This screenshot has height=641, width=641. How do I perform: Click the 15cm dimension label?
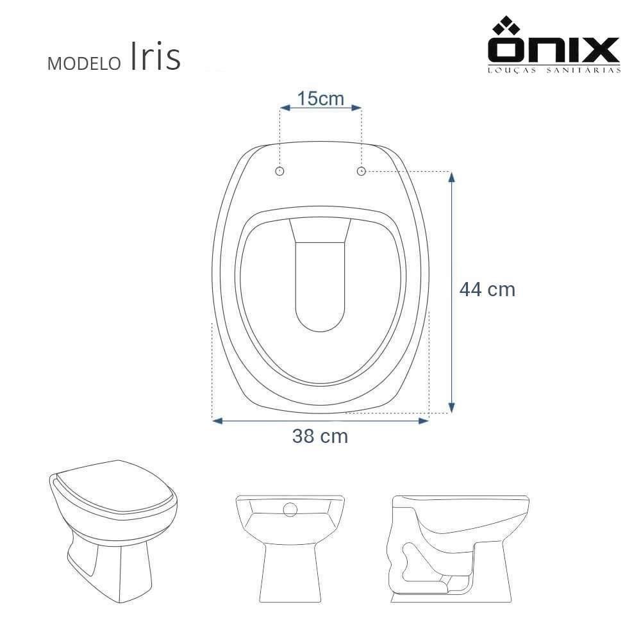[320, 99]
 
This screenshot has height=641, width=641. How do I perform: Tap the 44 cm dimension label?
[487, 290]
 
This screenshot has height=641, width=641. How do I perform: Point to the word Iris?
[155, 58]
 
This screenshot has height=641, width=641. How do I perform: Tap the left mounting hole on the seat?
[279, 171]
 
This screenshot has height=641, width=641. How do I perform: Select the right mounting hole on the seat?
[362, 171]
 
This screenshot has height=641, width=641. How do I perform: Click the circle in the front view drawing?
[290, 510]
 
